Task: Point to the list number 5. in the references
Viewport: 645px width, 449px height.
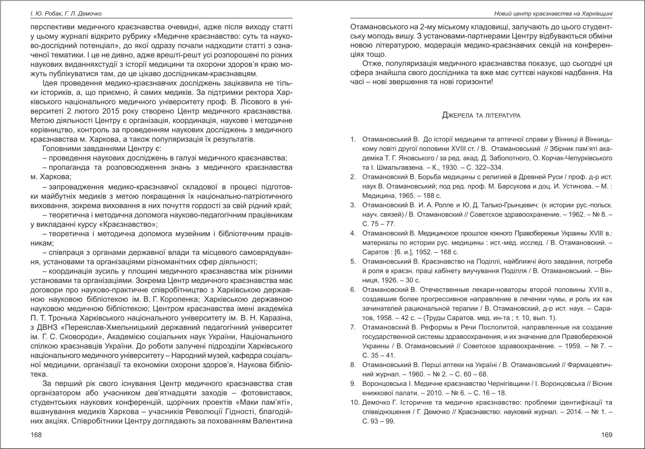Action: click(353, 261)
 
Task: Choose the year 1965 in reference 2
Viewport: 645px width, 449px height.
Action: click(406, 195)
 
